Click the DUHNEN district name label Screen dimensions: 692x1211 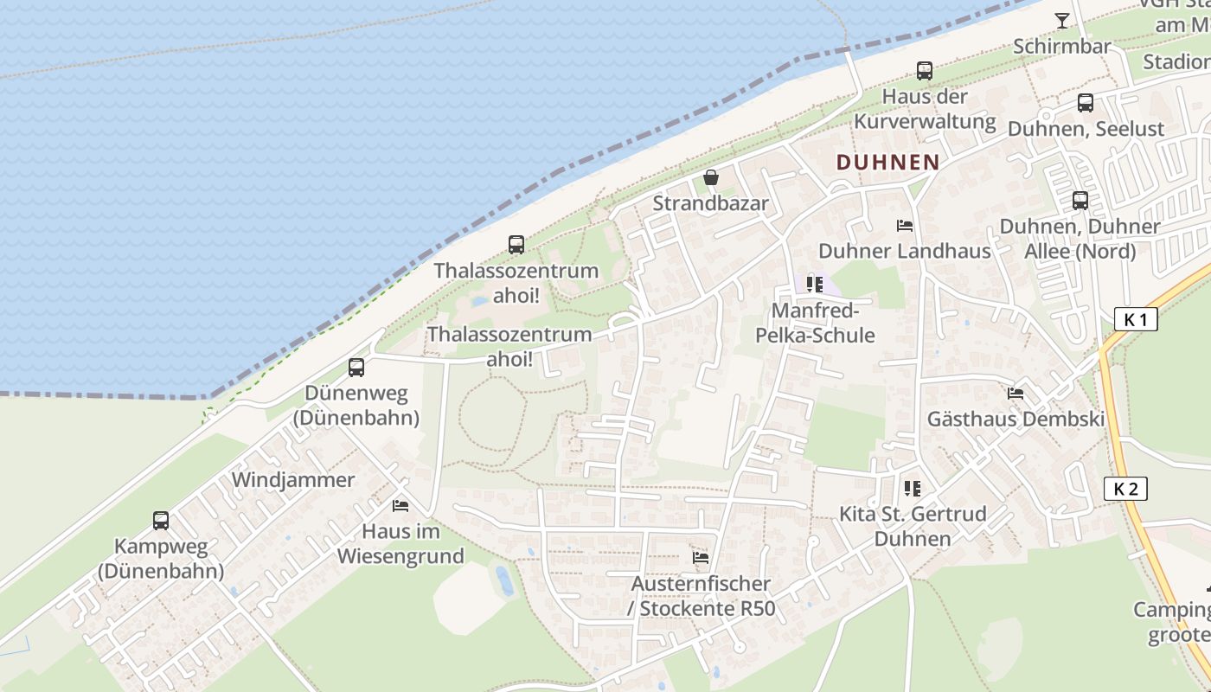pos(887,162)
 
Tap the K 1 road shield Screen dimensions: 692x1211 pos(1135,319)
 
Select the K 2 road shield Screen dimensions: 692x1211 pos(1125,489)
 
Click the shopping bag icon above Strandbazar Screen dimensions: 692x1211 pos(711,178)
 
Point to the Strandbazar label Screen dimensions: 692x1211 pos(710,203)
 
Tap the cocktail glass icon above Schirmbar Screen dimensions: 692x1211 pos(1062,21)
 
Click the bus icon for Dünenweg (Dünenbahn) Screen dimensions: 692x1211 pos(356,368)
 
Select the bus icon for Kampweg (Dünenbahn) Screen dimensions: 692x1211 pos(161,521)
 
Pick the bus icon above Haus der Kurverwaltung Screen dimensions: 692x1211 pos(925,71)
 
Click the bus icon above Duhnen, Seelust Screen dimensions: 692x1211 pos(1086,103)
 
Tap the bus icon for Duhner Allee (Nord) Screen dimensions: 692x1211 pos(1080,201)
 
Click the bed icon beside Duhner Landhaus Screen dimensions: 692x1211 pos(905,226)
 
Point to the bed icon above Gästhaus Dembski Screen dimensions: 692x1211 pos(1016,394)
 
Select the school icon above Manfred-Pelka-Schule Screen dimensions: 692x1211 pos(814,284)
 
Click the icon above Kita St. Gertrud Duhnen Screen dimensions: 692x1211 pos(912,489)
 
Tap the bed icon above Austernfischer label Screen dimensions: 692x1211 pos(701,558)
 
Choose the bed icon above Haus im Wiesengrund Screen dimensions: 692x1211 pos(400,506)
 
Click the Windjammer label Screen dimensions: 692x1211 pos(293,480)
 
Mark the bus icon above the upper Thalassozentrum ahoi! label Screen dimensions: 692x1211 pos(516,245)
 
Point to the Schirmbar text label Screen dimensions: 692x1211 pos(1061,46)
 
